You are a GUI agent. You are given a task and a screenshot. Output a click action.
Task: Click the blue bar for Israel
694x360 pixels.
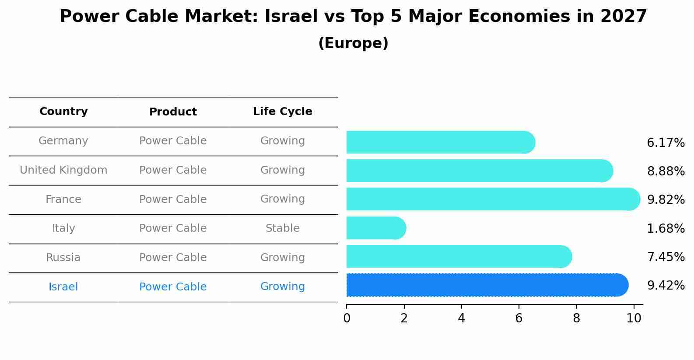[486, 285]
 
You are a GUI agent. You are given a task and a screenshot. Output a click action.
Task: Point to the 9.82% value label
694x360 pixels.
[666, 199]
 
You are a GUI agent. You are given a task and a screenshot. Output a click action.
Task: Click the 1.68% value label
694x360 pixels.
[666, 228]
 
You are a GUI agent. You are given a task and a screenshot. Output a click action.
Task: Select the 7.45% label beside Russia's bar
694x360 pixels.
[666, 257]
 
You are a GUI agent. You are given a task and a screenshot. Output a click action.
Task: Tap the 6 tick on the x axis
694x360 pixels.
[519, 318]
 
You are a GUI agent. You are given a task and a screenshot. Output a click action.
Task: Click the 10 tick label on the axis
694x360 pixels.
[633, 318]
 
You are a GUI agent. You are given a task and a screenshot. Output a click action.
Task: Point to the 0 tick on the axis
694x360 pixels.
[347, 318]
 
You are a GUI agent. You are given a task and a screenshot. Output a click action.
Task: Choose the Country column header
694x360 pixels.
[63, 112]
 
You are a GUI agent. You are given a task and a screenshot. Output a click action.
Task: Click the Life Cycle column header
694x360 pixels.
[282, 112]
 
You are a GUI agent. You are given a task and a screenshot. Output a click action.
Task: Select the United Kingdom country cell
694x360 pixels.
[63, 170]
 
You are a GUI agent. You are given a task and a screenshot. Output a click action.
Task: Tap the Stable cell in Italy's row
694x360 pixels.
[282, 228]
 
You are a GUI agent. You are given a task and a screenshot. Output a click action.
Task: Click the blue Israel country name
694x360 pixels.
[63, 287]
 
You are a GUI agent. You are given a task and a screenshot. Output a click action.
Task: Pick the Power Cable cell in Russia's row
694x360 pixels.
[173, 258]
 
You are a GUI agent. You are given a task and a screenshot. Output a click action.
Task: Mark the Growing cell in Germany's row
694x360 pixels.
[282, 141]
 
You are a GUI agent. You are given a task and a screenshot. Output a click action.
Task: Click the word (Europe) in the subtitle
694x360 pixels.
[353, 43]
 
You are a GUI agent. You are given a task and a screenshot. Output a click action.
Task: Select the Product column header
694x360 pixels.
[173, 112]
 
